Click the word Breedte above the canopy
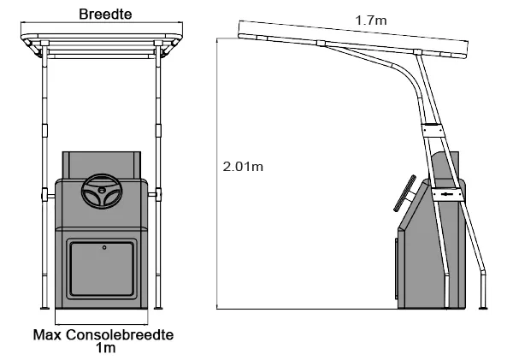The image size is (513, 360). coord(105,14)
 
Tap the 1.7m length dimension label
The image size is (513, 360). coord(371,21)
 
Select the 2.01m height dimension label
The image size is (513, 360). coord(243,167)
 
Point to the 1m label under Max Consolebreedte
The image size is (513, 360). coord(106,348)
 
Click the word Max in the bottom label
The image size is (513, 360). coord(47,335)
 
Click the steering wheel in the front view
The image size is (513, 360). coord(102,192)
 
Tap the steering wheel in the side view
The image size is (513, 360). coord(404,193)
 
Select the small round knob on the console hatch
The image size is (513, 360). coord(104,247)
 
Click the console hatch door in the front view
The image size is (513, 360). coord(102,269)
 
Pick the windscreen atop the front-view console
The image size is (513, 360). coord(102,165)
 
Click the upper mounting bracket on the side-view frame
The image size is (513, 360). coord(433,130)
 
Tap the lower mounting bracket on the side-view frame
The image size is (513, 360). coord(447,194)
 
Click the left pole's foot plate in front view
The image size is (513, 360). coord(44,308)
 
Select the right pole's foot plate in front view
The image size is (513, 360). coord(158,308)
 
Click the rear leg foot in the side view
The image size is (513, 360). coord(483,308)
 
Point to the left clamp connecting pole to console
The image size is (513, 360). coord(47,195)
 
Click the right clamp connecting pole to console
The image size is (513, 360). coord(156,195)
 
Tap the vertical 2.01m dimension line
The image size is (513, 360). coord(216,174)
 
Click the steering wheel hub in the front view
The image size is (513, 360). coord(102,190)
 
